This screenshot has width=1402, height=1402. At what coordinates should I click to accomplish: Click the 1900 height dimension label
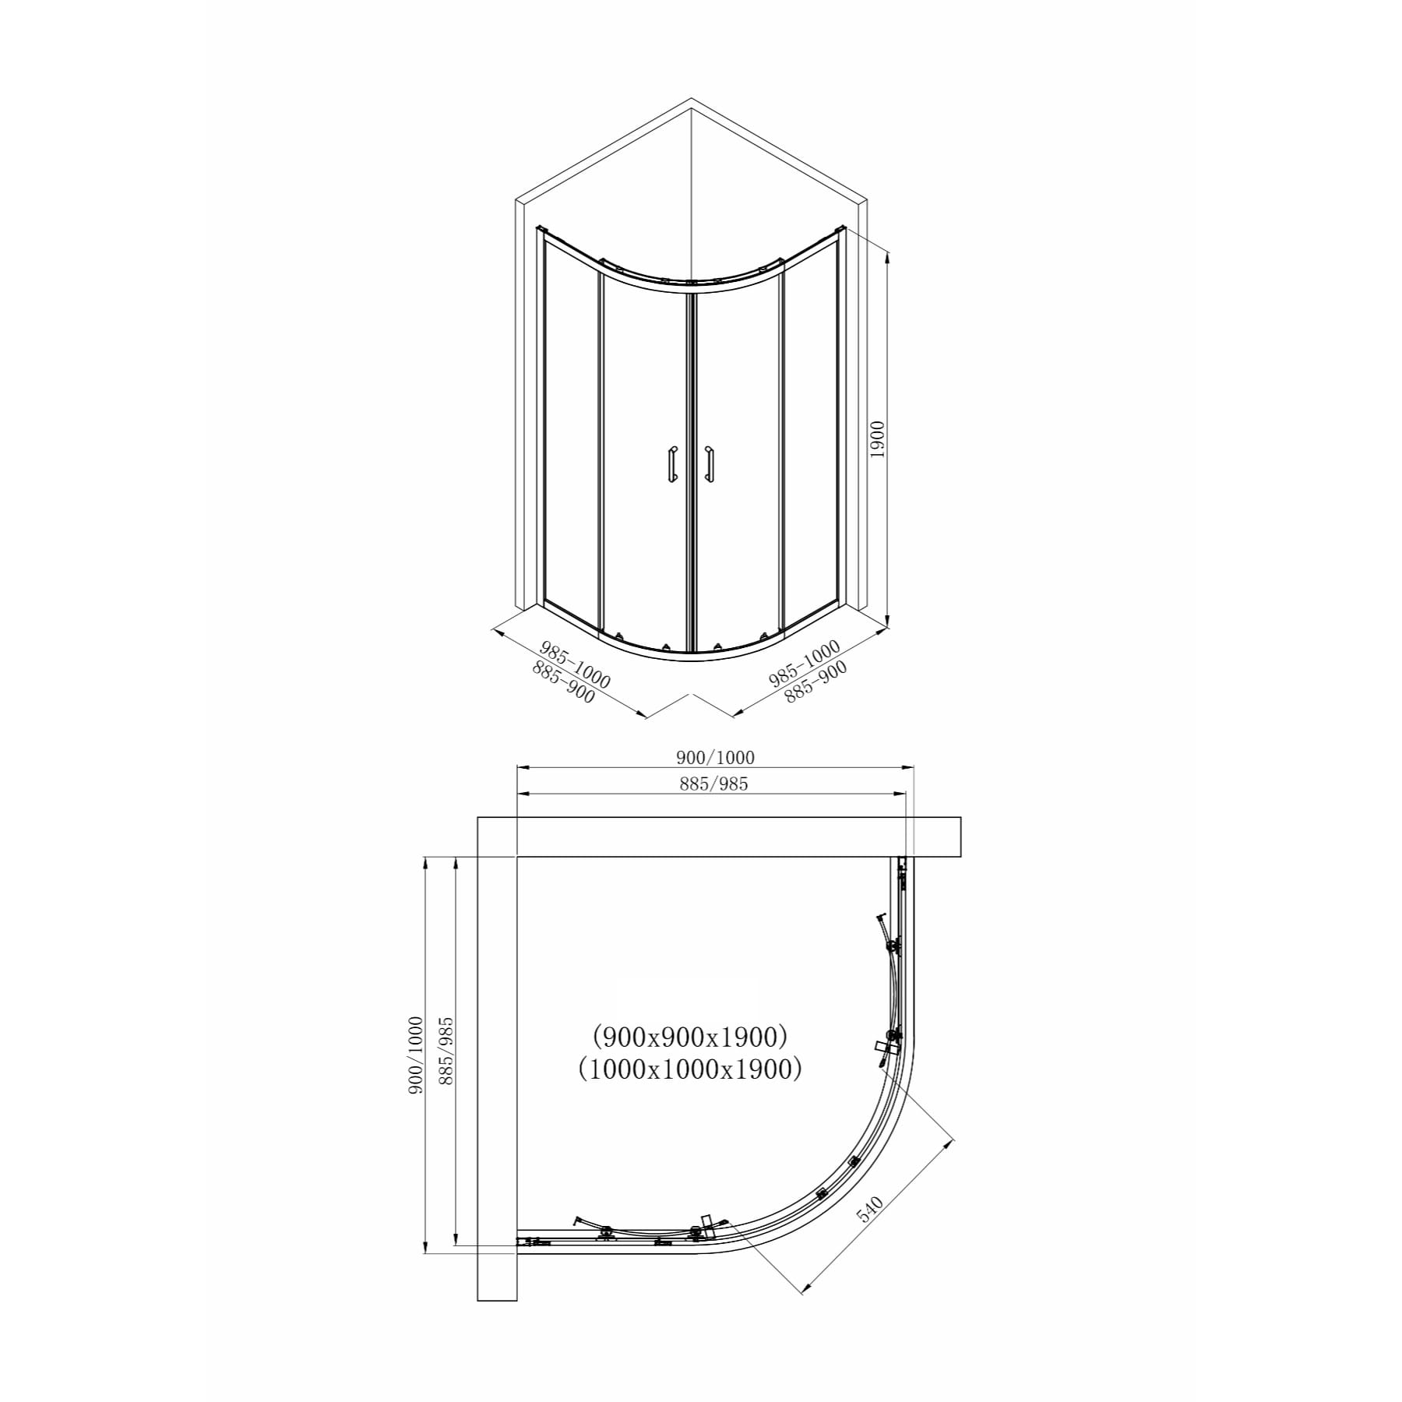coord(878,439)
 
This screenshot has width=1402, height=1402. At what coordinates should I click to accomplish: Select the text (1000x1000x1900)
coord(690,1069)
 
